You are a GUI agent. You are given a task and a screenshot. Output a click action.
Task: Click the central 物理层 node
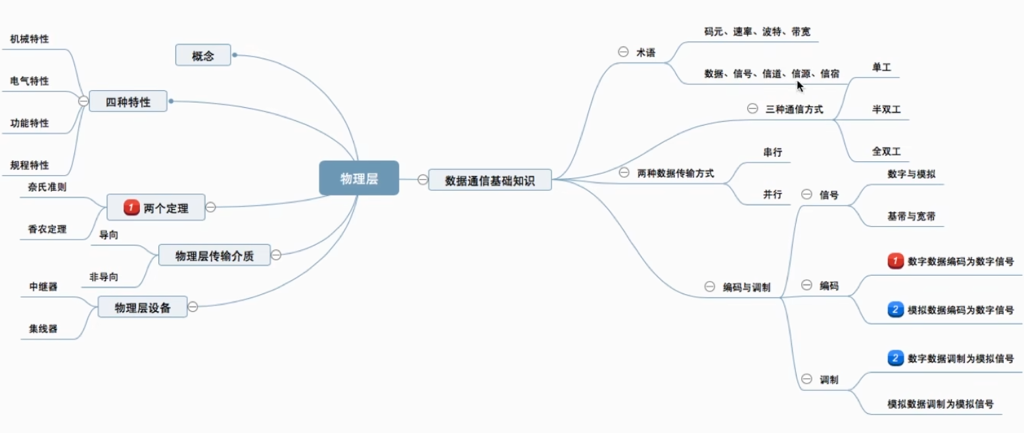coord(359,178)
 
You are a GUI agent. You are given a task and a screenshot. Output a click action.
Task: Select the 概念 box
coord(203,55)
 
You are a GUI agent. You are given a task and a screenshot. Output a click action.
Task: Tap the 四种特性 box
coord(128,101)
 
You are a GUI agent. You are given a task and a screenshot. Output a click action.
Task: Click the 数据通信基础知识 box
coord(490,180)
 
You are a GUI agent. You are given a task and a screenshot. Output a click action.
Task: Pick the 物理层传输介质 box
coord(214,255)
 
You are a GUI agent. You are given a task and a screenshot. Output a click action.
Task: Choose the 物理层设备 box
coord(143,307)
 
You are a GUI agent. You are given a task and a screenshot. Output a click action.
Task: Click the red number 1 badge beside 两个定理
coord(131,208)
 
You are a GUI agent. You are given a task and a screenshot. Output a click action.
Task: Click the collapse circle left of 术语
coord(623,52)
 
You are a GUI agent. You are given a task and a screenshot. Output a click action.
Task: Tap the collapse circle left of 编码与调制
coord(709,286)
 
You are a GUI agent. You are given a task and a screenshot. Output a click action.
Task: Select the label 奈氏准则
coord(47,187)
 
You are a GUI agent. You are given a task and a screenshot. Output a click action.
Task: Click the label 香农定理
coord(47,230)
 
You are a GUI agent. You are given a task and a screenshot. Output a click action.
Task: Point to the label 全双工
coord(886,151)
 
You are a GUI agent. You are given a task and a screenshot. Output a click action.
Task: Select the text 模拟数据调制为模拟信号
coord(940,403)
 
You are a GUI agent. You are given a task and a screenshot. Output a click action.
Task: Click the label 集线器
coord(43,328)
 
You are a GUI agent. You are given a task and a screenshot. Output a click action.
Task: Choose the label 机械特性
coord(30,39)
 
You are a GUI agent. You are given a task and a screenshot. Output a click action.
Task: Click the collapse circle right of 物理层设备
coord(193,306)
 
